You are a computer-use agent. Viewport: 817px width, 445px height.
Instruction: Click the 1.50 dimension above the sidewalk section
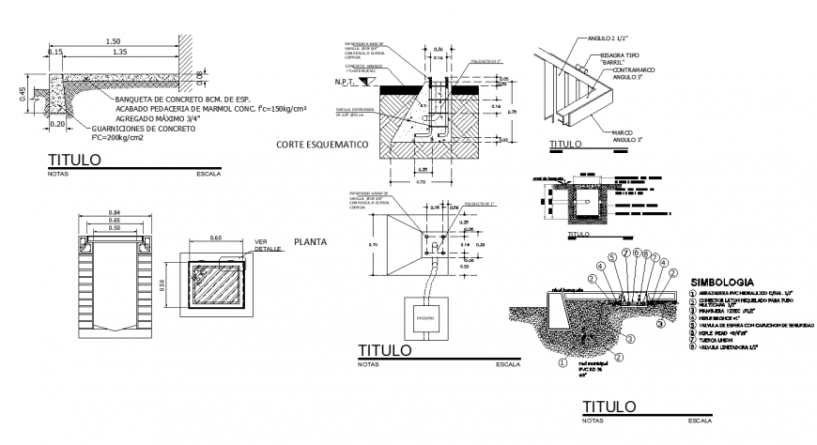[x=113, y=41]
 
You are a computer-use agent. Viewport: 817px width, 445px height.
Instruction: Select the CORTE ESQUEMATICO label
[x=319, y=145]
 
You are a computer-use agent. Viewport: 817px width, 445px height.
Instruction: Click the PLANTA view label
[x=310, y=241]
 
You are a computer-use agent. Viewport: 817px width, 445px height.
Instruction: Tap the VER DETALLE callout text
[x=268, y=246]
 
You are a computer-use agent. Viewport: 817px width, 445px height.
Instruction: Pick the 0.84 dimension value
[x=114, y=212]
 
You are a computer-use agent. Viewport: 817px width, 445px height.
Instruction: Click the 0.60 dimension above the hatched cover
[x=215, y=238]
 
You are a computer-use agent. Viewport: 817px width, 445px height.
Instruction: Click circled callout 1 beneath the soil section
[x=562, y=361]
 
